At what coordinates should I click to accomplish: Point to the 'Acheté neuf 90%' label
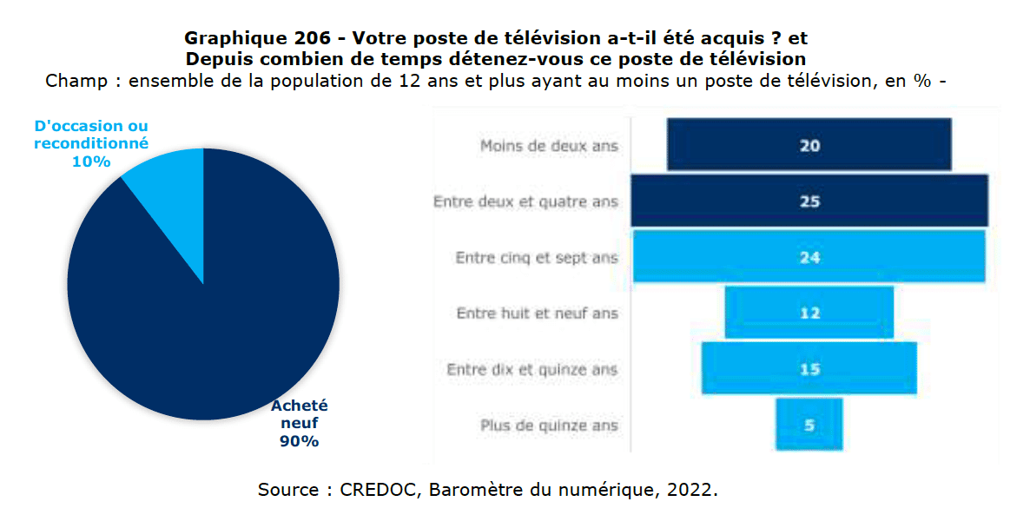tap(299, 424)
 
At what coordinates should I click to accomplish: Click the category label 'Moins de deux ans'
tap(549, 146)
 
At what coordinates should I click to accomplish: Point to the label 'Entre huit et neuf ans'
tap(537, 313)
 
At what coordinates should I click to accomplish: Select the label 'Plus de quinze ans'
tap(549, 426)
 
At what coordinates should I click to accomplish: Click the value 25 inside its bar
tap(809, 201)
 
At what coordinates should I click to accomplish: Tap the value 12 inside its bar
tap(809, 313)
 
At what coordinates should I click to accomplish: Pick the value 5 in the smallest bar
tap(809, 426)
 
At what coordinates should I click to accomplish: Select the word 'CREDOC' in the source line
tap(375, 490)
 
